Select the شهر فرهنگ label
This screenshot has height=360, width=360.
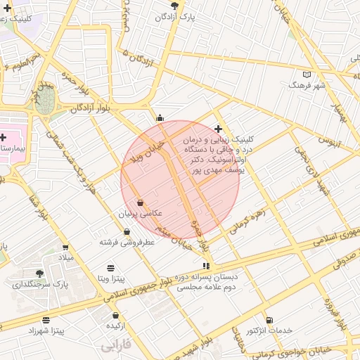pyautogui.click(x=307, y=84)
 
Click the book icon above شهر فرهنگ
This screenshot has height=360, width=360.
pyautogui.click(x=306, y=74)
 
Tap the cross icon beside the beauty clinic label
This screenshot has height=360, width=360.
pyautogui.click(x=219, y=129)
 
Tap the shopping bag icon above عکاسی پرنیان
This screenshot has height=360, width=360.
pyautogui.click(x=141, y=202)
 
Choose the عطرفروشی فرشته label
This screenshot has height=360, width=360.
pyautogui.click(x=127, y=242)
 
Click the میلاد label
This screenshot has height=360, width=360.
pyautogui.click(x=65, y=258)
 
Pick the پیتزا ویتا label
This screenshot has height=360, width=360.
pyautogui.click(x=111, y=278)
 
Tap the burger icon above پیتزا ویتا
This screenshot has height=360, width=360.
pyautogui.click(x=111, y=268)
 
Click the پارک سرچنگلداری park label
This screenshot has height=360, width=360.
pyautogui.click(x=39, y=284)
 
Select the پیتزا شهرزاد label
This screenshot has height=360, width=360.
pyautogui.click(x=46, y=330)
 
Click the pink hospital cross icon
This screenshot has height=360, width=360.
pyautogui.click(x=4, y=136)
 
